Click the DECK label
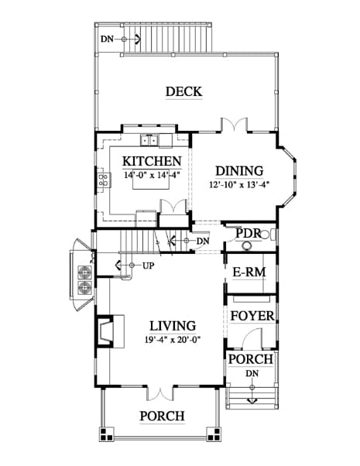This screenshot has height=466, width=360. (183, 91)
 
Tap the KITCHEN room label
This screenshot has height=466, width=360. (152, 161)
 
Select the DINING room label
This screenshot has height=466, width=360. (239, 171)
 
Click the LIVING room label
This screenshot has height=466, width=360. (173, 326)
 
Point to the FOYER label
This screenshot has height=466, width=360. (252, 316)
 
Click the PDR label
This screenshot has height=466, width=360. (249, 233)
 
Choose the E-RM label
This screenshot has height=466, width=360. (249, 272)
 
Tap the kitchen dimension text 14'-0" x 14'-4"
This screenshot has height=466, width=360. (152, 175)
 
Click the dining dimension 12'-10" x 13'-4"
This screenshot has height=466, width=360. (239, 184)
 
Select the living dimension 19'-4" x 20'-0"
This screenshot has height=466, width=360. (173, 339)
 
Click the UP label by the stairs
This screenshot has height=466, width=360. (149, 266)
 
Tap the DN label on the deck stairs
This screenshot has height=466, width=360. (107, 39)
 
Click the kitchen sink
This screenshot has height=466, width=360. (149, 140)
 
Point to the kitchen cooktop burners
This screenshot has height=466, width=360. (104, 180)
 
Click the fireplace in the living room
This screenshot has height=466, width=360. (105, 331)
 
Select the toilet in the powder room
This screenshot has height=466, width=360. (267, 235)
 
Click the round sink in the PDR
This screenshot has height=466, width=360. (246, 246)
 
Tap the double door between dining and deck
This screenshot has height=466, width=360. (234, 125)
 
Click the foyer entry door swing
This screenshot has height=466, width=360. (252, 338)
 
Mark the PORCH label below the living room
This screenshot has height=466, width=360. (162, 416)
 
